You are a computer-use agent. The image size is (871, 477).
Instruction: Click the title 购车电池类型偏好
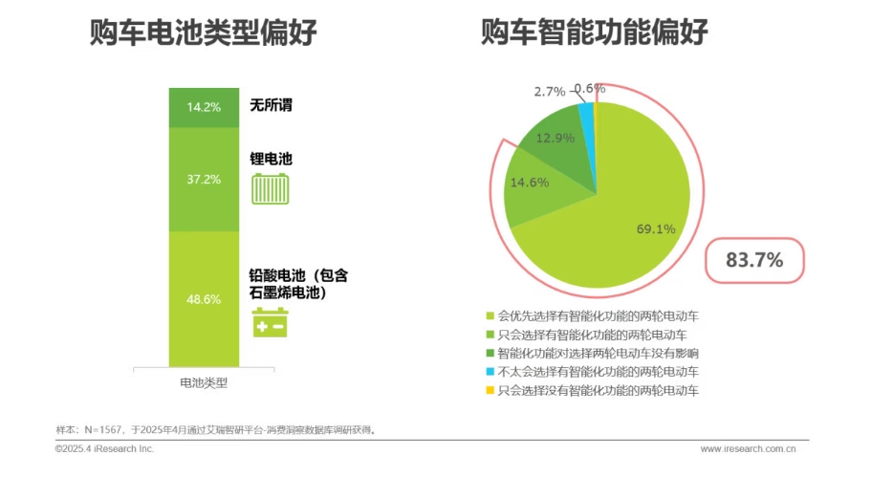[x=204, y=34]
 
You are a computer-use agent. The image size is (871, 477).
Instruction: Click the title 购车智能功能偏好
[x=595, y=34]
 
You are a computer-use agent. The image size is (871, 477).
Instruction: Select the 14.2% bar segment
[x=204, y=107]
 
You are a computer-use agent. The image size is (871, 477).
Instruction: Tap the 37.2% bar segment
[x=204, y=179]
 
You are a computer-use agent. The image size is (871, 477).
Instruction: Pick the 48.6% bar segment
[x=204, y=298]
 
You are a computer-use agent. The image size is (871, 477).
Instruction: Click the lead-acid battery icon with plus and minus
[x=270, y=323]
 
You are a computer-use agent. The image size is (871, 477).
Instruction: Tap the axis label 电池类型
[x=204, y=382]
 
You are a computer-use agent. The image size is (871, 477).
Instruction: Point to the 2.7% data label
[x=550, y=92]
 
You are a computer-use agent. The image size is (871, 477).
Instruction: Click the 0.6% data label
[x=589, y=89]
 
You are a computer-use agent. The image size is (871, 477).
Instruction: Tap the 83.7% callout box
[x=755, y=259]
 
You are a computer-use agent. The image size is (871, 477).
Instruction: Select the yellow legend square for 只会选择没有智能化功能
[x=490, y=391]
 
